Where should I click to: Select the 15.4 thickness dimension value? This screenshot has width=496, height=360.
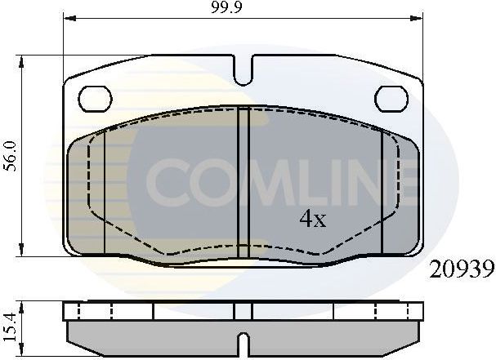pos(9,321)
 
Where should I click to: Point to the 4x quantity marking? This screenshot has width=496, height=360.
pos(311,219)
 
